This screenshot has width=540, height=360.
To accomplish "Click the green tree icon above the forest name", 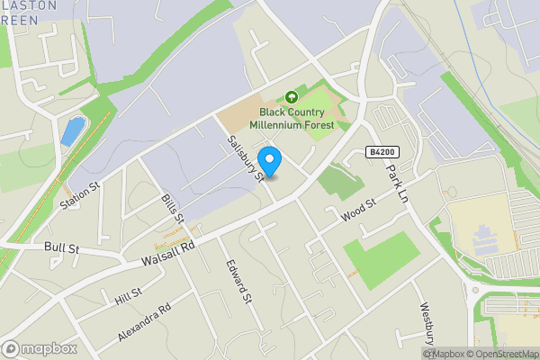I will [x=291, y=97].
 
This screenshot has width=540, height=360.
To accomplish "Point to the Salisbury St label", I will [x=245, y=158].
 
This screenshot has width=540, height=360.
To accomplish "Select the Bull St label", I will [x=61, y=247].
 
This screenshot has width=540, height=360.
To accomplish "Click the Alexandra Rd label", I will [x=144, y=322].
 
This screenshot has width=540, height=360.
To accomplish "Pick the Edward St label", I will [x=237, y=281].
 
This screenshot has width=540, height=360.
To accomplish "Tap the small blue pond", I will [x=70, y=130].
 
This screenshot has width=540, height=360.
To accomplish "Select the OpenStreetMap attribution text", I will [x=503, y=354].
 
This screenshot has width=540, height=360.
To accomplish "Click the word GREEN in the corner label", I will [x=19, y=19].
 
